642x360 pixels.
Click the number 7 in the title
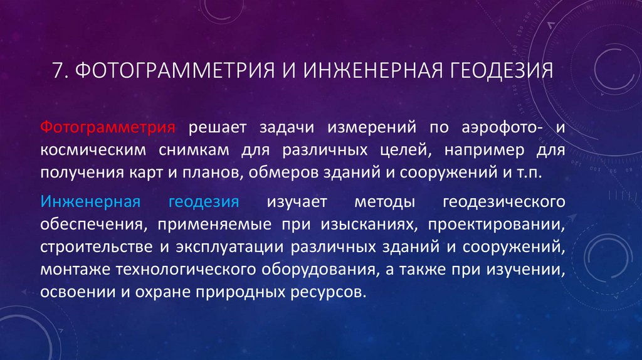(58, 70)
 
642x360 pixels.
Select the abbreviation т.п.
(532, 172)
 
